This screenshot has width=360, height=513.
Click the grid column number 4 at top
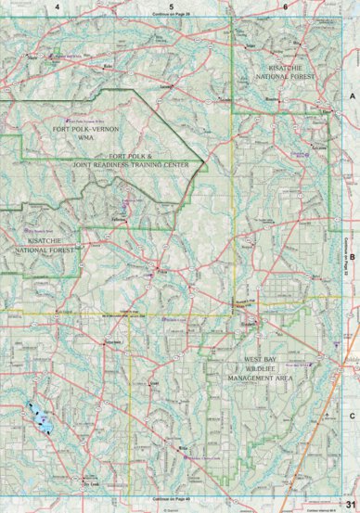58,7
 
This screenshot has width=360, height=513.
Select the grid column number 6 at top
285,7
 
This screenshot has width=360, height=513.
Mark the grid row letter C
352,391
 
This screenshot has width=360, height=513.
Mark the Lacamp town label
167,85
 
